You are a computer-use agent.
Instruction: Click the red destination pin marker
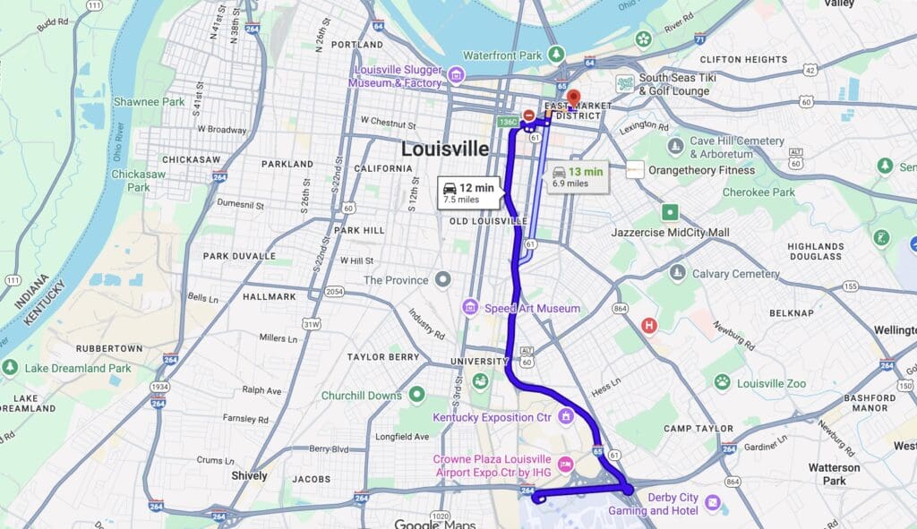[573, 98]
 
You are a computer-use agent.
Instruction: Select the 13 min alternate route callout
[577, 175]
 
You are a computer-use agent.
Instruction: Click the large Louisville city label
[445, 149]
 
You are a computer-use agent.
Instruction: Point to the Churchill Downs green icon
[416, 394]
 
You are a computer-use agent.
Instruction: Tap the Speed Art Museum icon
[470, 308]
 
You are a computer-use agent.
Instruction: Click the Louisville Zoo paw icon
[722, 383]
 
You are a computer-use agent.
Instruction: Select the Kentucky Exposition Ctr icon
[565, 416]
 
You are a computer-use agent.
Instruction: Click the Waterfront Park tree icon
[556, 55]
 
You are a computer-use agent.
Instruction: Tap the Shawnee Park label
[149, 102]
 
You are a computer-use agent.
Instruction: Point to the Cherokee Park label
[758, 192]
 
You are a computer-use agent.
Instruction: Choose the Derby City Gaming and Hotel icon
[712, 503]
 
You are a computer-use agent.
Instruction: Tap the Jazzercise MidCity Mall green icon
[670, 212]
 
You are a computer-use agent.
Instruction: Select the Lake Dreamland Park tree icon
[10, 367]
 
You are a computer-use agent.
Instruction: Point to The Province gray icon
[442, 280]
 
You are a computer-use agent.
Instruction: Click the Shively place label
[249, 475]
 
